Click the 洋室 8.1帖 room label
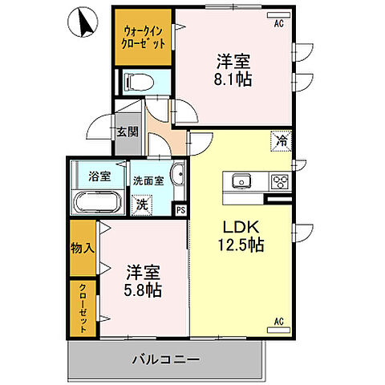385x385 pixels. click(233, 69)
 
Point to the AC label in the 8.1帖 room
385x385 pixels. click(279, 24)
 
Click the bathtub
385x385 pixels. click(96, 201)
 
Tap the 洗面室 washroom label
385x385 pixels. click(148, 180)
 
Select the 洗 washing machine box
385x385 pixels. click(141, 205)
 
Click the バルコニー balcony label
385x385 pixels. click(166, 359)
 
